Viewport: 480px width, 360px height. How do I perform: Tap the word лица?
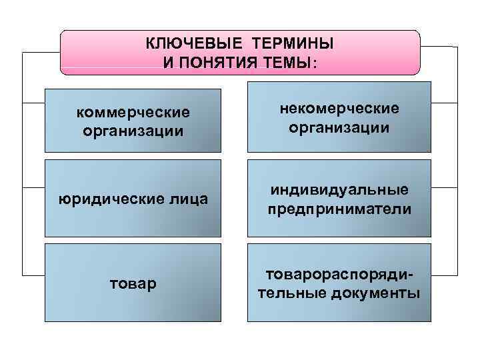click(x=189, y=199)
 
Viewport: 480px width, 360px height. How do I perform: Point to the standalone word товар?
click(x=133, y=284)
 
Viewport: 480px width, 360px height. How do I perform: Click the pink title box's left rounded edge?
click(x=62, y=52)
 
